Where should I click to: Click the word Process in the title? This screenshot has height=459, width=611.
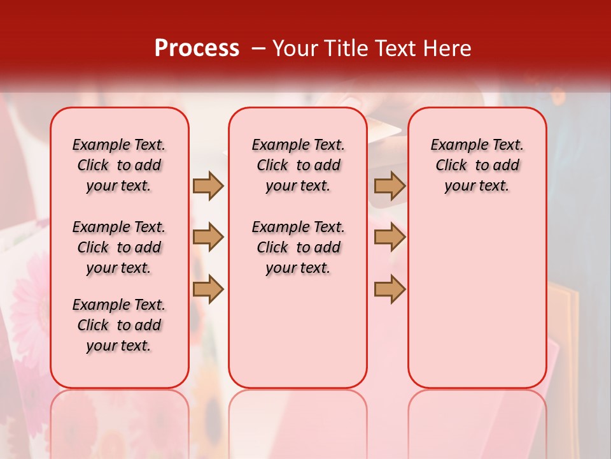point(197,48)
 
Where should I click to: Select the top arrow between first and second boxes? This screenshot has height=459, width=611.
point(208,186)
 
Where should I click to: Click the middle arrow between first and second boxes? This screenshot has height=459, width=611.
point(208,237)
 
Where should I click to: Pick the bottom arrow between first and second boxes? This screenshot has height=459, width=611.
point(208,289)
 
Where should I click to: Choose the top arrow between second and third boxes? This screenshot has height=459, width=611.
point(390,186)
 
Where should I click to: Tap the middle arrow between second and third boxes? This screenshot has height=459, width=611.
point(390,237)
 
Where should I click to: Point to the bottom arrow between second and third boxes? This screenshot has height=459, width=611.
point(390,289)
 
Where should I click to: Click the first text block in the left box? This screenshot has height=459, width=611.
point(119,165)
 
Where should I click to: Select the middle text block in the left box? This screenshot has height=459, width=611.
point(119,247)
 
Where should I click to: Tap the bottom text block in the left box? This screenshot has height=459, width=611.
point(119,325)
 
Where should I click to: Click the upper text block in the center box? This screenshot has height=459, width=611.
point(298,165)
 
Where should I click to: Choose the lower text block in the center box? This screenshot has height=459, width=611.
point(298,247)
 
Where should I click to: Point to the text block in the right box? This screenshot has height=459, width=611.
point(477,165)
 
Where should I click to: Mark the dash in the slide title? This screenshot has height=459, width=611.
point(258,48)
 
